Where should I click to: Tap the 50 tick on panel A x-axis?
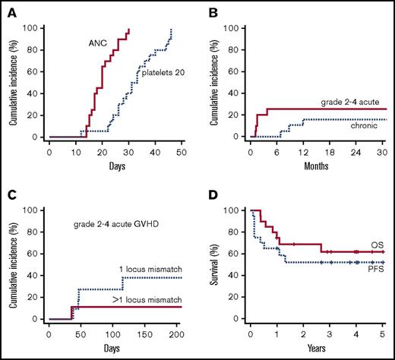coord(180,151)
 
